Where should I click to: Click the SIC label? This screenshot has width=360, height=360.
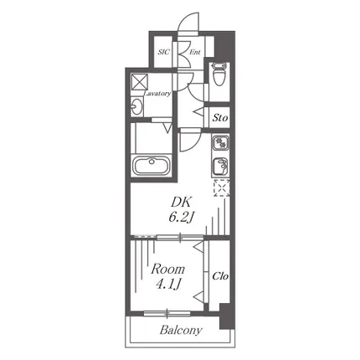[163, 52]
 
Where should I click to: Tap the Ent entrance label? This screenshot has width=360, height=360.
[195, 52]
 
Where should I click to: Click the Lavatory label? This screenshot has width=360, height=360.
[157, 94]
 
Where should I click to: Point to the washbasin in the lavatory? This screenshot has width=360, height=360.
[136, 105]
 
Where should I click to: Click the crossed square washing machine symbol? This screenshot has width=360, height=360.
[140, 82]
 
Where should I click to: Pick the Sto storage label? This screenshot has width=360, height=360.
[220, 118]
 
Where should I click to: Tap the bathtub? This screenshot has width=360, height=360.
[152, 166]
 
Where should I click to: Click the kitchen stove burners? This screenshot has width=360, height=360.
[221, 143]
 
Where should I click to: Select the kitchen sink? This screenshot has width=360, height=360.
[221, 165]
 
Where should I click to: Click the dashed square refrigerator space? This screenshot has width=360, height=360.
[222, 188]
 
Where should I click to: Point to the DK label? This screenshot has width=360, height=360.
[181, 202]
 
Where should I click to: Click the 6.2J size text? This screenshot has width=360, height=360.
[181, 217]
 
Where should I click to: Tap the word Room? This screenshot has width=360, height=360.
[168, 270]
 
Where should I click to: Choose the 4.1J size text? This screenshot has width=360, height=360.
[168, 285]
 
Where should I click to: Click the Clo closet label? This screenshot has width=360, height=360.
[220, 276]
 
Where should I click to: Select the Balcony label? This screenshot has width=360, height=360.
[181, 331]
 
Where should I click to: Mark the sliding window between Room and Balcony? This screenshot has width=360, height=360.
[167, 314]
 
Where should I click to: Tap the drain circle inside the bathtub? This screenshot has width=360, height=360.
[152, 161]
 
